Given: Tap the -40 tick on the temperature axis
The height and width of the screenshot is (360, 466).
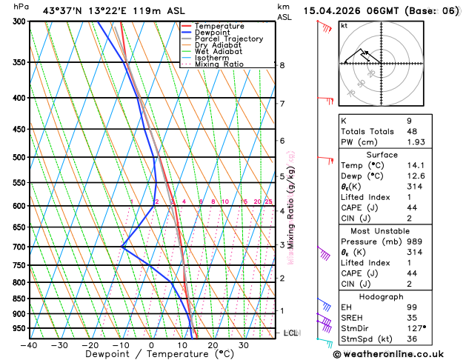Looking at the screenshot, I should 29,344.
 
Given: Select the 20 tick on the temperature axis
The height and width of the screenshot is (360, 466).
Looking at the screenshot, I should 213,344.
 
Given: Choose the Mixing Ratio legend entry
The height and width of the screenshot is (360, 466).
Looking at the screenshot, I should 219,64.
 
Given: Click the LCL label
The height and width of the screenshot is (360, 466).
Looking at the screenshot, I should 291,333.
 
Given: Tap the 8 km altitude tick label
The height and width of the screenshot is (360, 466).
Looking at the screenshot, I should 282,65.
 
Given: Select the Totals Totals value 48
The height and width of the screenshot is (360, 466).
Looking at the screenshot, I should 445,131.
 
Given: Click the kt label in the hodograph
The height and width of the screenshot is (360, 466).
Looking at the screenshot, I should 344,26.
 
